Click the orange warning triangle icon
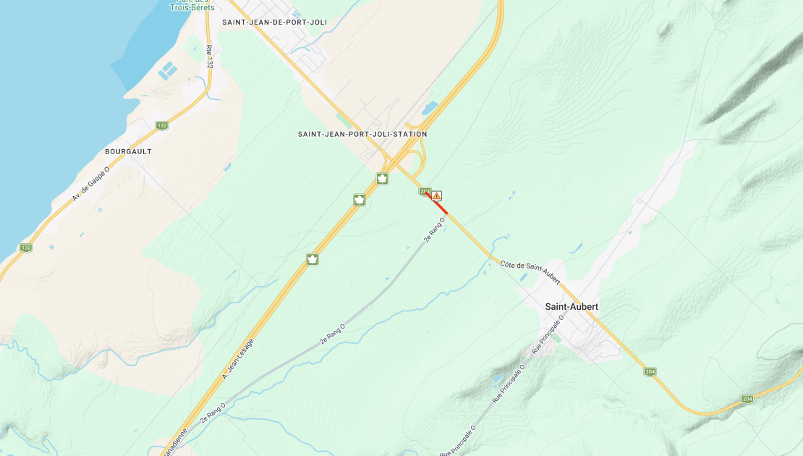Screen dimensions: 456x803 point(437,195)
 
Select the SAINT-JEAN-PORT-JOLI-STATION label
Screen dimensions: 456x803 point(362,134)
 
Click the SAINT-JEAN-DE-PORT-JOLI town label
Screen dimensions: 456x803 point(274,22)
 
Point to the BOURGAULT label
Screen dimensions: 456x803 point(128,151)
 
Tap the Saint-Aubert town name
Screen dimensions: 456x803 point(572,307)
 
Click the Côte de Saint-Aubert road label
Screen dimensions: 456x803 point(530,271)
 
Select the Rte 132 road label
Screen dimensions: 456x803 point(209,57)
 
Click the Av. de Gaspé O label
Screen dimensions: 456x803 point(90,184)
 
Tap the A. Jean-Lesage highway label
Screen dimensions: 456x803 point(237,359)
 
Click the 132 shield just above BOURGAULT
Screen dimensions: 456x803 point(161,125)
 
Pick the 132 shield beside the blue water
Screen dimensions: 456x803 point(26,248)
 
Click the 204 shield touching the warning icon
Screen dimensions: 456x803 point(425,191)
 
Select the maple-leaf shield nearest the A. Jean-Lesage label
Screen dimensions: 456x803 point(313,259)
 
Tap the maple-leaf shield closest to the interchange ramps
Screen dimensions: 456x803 point(382,178)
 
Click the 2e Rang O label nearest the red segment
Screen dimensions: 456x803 point(433,229)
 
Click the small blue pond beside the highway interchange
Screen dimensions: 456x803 point(430,109)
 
